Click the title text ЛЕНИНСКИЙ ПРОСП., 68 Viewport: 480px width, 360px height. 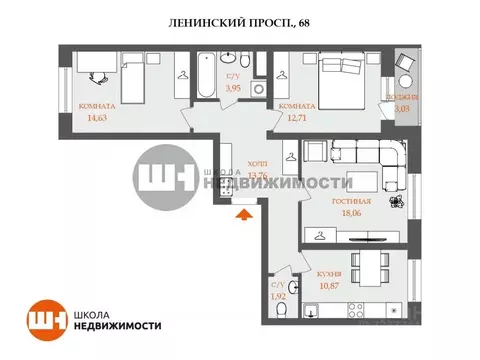point(239,22)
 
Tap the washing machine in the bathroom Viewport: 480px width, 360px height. point(260,89)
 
